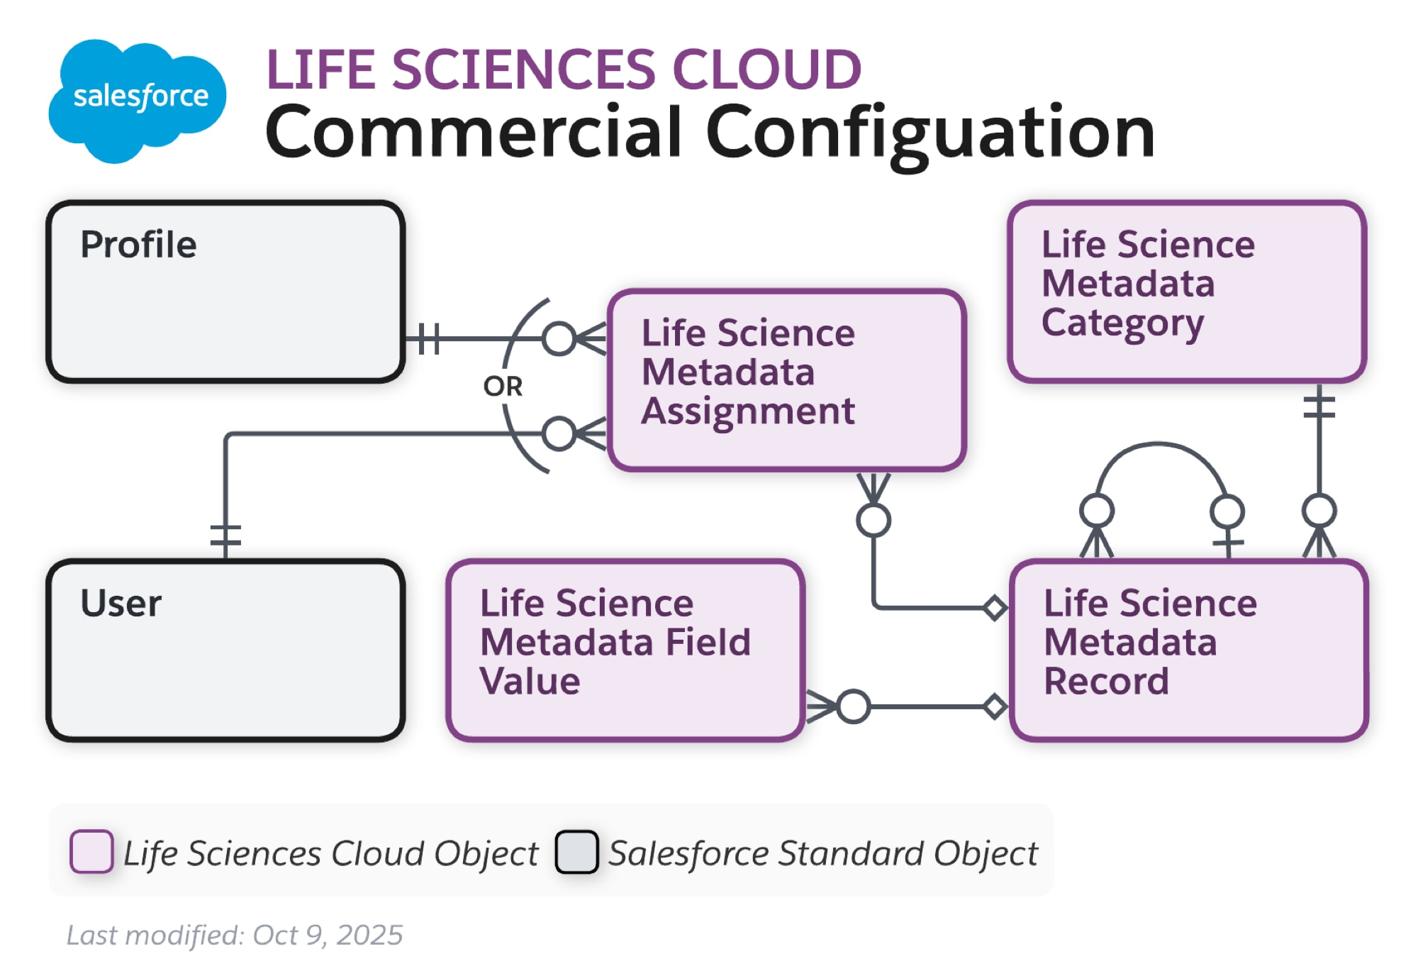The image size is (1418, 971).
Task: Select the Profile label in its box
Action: click(138, 245)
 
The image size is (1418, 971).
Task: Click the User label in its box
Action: click(121, 604)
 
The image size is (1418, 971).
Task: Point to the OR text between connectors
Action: click(503, 387)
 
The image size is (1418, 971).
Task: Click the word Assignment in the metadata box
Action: click(748, 411)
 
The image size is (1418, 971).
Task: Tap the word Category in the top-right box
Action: click(1122, 323)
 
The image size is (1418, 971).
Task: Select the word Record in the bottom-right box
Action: click(1106, 682)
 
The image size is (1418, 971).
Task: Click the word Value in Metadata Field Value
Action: click(530, 682)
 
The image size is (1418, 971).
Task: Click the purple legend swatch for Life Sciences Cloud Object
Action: click(91, 851)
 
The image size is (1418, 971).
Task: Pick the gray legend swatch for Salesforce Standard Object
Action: click(576, 851)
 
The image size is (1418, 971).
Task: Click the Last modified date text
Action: click(235, 935)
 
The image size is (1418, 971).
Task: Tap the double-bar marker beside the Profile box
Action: click(428, 338)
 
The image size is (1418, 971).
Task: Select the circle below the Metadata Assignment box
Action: click(873, 521)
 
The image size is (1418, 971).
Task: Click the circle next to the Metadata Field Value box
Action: click(853, 706)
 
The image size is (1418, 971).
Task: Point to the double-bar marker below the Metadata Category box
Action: click(1319, 406)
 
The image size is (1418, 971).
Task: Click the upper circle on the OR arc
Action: click(559, 338)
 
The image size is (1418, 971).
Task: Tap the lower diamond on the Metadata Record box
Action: click(995, 706)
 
